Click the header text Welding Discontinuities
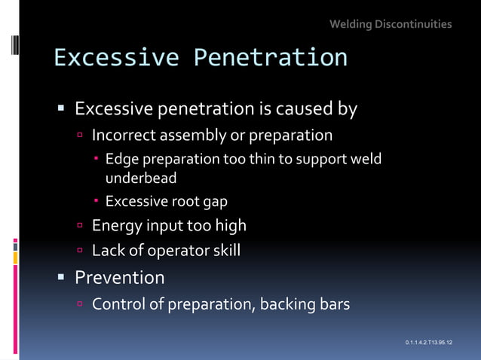pyautogui.click(x=391, y=24)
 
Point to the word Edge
pyautogui.click(x=120, y=159)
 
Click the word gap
pyautogui.click(x=213, y=201)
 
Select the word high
pyautogui.click(x=228, y=225)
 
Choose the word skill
pyautogui.click(x=222, y=251)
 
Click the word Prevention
pyautogui.click(x=119, y=278)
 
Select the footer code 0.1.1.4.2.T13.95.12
pyautogui.click(x=428, y=343)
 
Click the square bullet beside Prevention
pyautogui.click(x=62, y=278)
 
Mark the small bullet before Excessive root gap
pyautogui.click(x=97, y=202)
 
